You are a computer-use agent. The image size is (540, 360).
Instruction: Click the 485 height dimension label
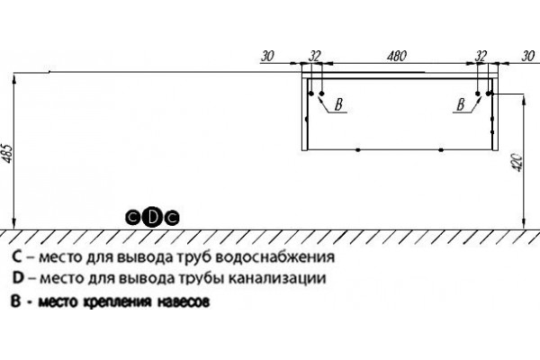tap(8, 153)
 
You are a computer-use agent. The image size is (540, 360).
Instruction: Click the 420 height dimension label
tap(518, 163)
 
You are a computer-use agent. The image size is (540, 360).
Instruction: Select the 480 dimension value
tap(397, 56)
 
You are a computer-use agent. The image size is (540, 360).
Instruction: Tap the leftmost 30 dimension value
tap(267, 56)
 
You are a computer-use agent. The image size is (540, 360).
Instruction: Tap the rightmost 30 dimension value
tap(528, 56)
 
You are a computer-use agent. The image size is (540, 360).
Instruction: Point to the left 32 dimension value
tap(314, 56)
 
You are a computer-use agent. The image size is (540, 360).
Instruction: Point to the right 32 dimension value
tap(481, 56)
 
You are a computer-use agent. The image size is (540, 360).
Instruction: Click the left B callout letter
tap(339, 104)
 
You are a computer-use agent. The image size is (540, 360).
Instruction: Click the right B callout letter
tap(461, 104)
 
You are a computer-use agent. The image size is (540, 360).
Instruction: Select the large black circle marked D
tap(153, 218)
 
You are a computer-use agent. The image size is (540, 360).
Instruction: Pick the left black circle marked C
tap(133, 218)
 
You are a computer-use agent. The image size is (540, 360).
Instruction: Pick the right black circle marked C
tap(172, 218)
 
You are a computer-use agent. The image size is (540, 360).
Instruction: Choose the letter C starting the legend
tap(17, 257)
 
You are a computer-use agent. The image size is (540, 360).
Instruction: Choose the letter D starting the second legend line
tap(18, 278)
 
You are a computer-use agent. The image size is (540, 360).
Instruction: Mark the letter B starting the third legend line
tap(16, 301)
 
